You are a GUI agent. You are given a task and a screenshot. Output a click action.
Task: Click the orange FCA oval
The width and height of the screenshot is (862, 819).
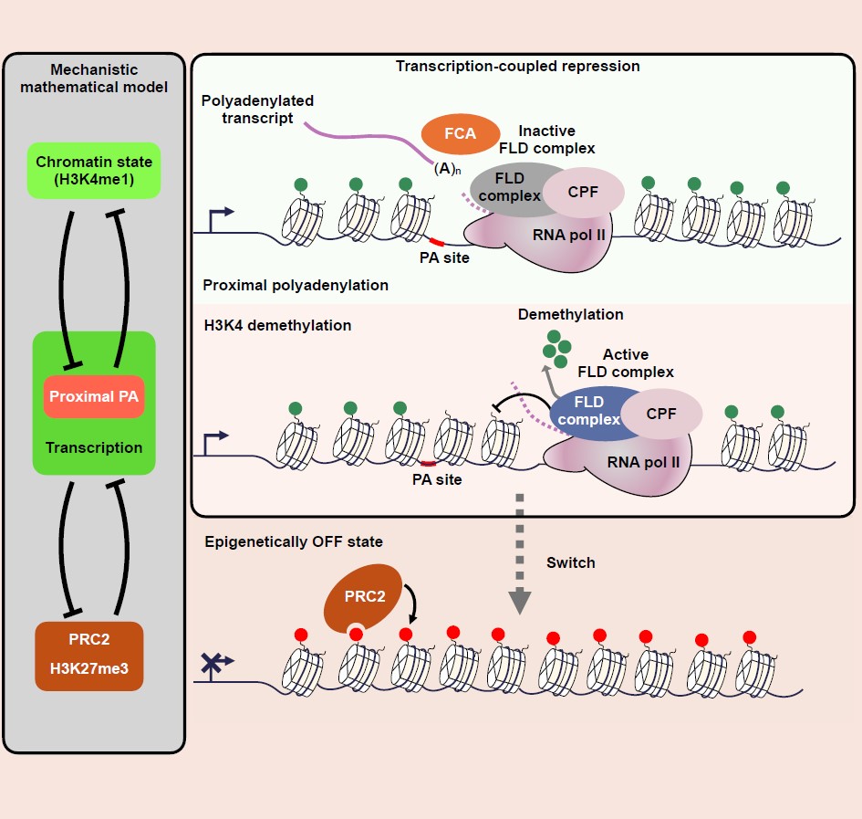460,133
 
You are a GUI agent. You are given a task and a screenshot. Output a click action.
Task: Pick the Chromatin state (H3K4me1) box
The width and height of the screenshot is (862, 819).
94,170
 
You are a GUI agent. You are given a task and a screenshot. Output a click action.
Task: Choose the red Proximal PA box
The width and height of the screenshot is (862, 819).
95,396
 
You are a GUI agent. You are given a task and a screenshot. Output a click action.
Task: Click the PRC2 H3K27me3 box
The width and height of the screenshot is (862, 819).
89,656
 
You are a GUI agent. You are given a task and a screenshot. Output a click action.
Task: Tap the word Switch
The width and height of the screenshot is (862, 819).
570,562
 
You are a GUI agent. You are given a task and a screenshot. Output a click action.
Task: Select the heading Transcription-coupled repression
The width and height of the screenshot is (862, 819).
517,66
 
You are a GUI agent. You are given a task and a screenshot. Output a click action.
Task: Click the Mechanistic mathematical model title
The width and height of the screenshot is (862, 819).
94,78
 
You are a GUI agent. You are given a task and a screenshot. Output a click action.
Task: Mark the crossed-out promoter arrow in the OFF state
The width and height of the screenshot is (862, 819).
215,667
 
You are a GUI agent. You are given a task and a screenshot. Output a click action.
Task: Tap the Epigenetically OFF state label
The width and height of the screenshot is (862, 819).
294,542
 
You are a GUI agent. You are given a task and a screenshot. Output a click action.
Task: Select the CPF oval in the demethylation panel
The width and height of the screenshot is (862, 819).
661,414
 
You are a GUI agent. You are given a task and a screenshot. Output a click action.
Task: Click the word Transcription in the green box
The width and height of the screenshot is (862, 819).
95,447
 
